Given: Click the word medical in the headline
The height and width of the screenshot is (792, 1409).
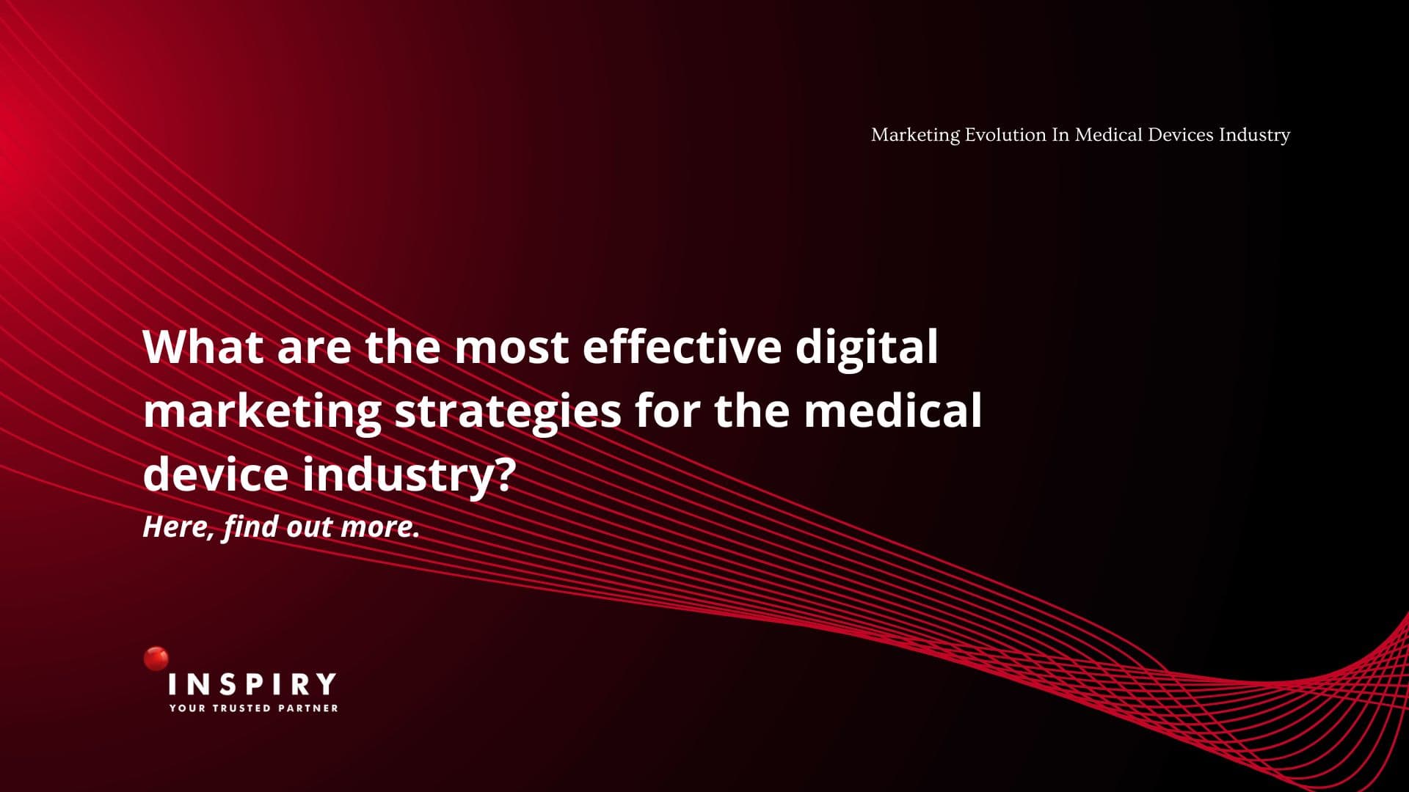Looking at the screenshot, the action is pyautogui.click(x=893, y=409).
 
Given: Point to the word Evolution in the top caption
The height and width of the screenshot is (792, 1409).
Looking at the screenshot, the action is pyautogui.click(x=1005, y=135).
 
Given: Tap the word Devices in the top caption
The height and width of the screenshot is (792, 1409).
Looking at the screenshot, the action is pyautogui.click(x=1181, y=135).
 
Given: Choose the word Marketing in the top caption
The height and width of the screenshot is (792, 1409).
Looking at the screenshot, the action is pyautogui.click(x=915, y=136).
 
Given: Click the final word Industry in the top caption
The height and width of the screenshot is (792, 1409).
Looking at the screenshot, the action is pyautogui.click(x=1254, y=136).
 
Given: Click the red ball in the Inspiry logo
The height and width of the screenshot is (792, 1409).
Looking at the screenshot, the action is pyautogui.click(x=156, y=659).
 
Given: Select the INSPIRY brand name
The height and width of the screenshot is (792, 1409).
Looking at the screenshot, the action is pyautogui.click(x=252, y=684).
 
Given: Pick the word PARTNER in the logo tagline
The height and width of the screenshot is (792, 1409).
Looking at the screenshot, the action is pyautogui.click(x=308, y=708).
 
